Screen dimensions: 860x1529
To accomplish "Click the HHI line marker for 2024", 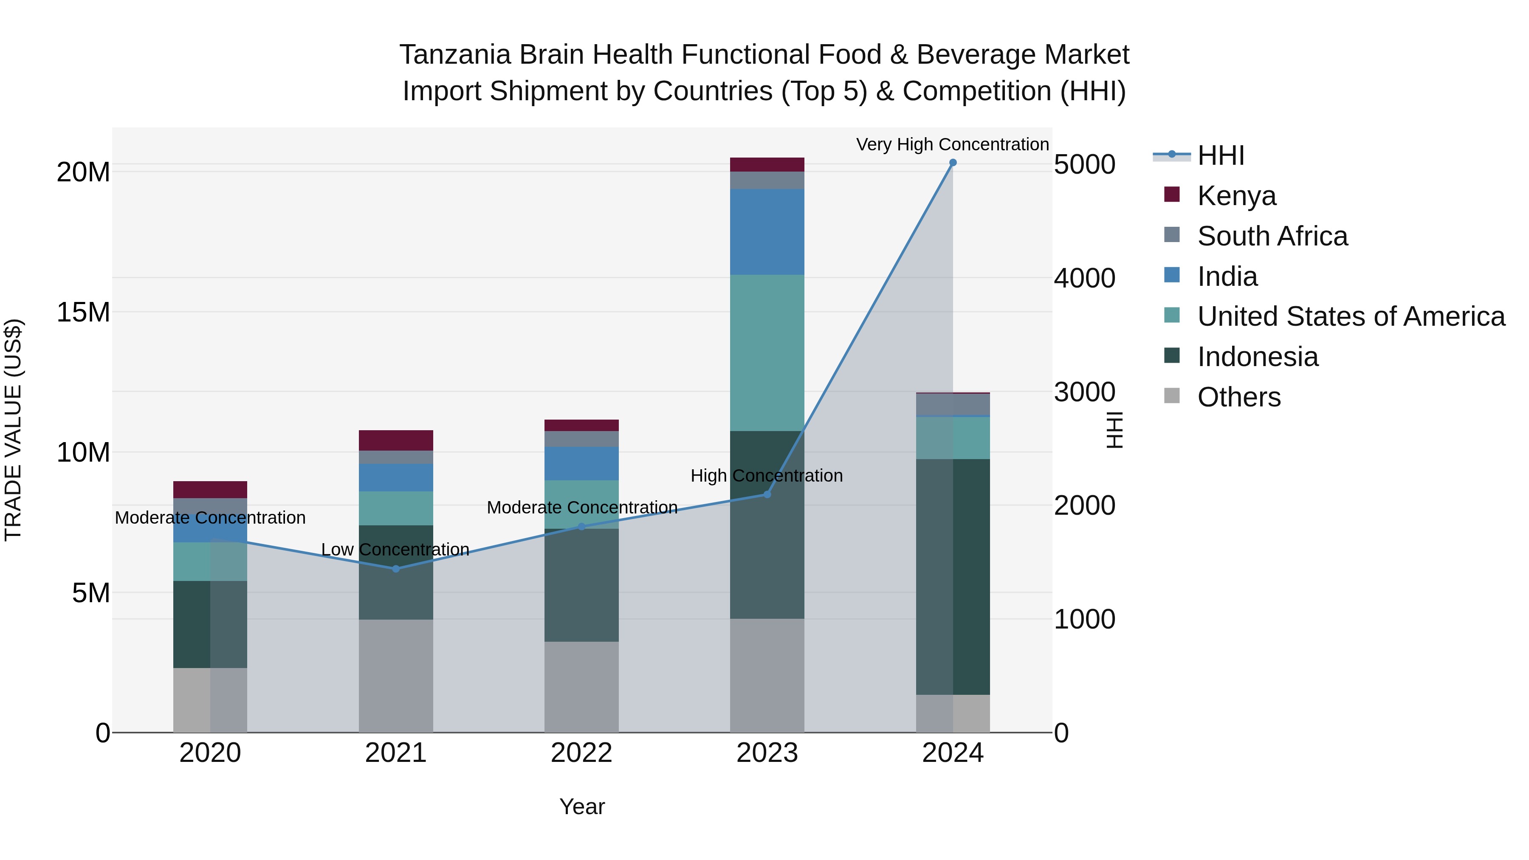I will coord(953,163).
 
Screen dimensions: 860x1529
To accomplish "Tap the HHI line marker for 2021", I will coord(396,569).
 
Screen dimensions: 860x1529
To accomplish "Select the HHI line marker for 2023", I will coord(767,494).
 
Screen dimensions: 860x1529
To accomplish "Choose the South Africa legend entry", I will coord(1272,236).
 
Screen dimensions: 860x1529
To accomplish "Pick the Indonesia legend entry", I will coord(1257,357).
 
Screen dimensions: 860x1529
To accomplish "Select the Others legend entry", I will coord(1239,397).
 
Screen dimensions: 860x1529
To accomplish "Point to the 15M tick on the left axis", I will coord(83,312).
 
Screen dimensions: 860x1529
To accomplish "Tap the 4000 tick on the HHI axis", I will coord(1084,278).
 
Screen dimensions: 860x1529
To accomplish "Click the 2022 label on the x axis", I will coord(581,753).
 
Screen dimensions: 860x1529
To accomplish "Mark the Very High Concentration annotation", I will coord(952,145).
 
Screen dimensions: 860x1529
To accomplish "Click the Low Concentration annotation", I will coord(395,550).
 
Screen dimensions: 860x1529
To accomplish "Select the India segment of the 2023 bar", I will coord(767,231).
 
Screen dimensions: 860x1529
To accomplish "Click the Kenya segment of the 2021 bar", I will coord(396,440).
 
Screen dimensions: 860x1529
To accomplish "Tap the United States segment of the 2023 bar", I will coord(767,352).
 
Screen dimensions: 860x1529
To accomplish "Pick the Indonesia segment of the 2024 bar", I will coord(953,576).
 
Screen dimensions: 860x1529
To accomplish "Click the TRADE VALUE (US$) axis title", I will coord(14,430).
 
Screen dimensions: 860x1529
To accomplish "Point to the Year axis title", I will coord(582,806).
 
